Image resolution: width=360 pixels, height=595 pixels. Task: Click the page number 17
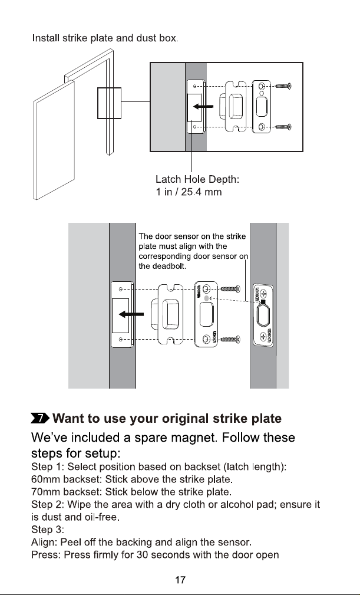pyautogui.click(x=180, y=580)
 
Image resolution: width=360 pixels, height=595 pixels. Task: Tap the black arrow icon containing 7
pyautogui.click(x=40, y=418)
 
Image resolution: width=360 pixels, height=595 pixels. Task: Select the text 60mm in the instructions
pyautogui.click(x=45, y=479)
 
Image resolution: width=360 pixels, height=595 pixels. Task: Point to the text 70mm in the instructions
pyautogui.click(x=45, y=492)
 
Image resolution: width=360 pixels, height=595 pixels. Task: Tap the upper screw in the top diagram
pyautogui.click(x=283, y=86)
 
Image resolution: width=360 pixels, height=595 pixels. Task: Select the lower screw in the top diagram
pyautogui.click(x=283, y=126)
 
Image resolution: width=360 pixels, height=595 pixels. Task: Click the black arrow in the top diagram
pyautogui.click(x=203, y=107)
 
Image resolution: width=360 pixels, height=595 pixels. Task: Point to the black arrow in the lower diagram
pyautogui.click(x=131, y=314)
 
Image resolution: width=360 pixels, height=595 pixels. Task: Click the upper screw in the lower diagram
pyautogui.click(x=230, y=289)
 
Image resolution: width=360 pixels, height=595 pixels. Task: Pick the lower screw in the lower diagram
pyautogui.click(x=230, y=339)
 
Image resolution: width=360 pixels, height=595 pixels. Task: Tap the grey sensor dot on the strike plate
pyautogui.click(x=206, y=298)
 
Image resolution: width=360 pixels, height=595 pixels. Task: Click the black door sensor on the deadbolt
pyautogui.click(x=263, y=303)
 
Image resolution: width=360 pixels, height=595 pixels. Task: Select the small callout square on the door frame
pyautogui.click(x=109, y=103)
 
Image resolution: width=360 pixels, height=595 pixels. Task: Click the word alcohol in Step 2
pyautogui.click(x=238, y=504)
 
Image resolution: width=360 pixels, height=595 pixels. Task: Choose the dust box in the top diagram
pyautogui.click(x=236, y=107)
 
